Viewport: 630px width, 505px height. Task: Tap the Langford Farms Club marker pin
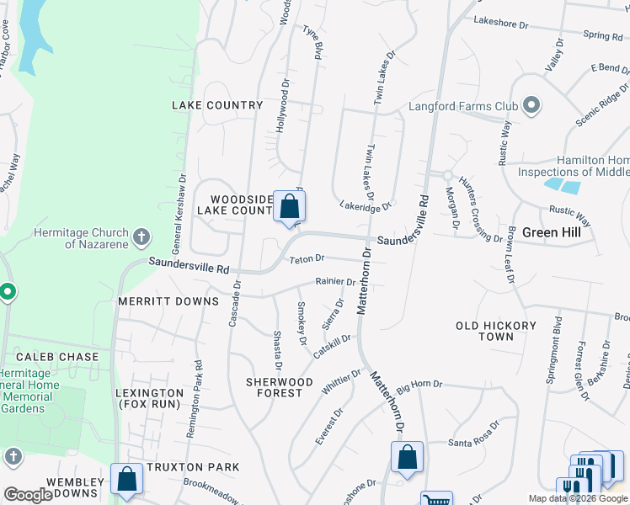531,106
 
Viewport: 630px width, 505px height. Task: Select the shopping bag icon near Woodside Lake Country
289,206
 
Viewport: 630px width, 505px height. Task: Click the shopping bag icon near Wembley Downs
126,479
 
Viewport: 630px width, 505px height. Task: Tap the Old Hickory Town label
496,331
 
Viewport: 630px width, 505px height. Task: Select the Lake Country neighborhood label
217,105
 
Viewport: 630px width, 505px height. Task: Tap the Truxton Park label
192,467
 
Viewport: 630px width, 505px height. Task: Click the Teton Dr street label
307,259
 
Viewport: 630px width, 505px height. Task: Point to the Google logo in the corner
28,495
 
